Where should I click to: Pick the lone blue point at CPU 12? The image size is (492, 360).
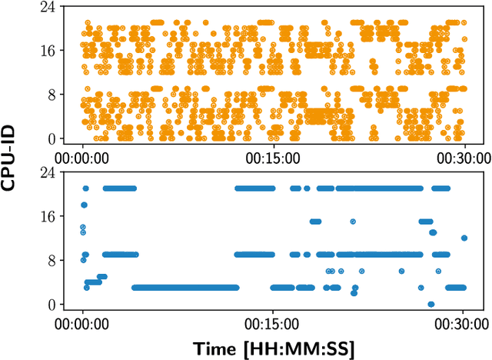(x=464, y=238)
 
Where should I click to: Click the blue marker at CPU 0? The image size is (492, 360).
(x=430, y=304)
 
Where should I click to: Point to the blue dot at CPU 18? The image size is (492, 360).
(x=84, y=205)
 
